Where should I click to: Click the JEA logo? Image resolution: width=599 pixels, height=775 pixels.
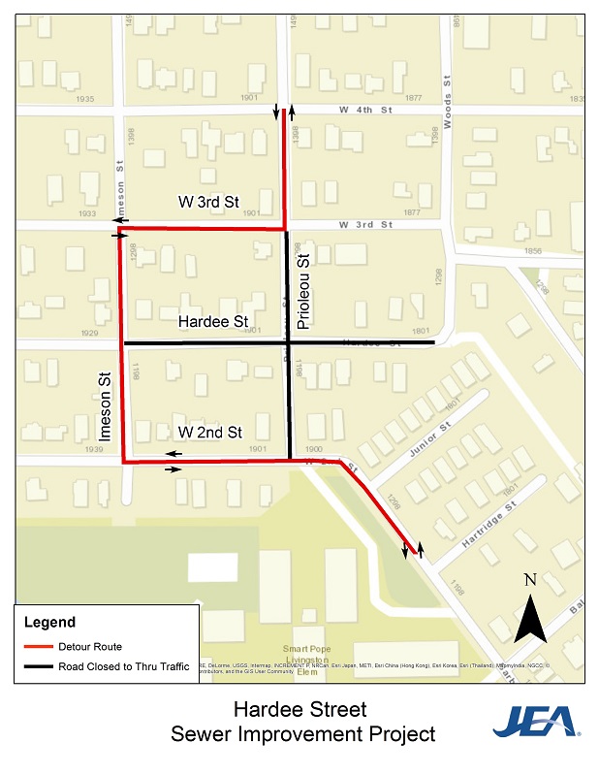[535, 722]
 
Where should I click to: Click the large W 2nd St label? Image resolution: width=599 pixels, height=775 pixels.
[209, 433]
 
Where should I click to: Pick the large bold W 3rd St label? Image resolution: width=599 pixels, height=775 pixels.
[208, 202]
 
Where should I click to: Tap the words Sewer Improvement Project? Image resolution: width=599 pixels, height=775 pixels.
[302, 734]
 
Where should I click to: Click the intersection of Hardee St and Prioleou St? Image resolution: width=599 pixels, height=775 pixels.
[288, 343]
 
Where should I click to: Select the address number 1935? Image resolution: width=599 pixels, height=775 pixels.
[85, 100]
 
